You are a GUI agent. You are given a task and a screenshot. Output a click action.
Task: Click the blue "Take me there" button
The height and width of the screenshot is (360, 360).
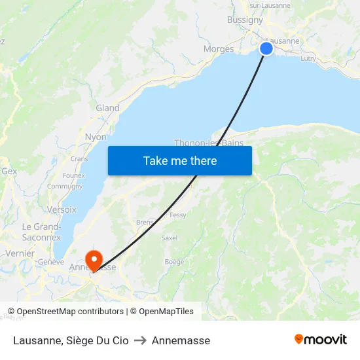point(180,160)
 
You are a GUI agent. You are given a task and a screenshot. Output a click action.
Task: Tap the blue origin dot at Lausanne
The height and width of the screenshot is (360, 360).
point(266,48)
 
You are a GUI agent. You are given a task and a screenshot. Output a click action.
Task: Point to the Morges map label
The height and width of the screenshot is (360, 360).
point(219,49)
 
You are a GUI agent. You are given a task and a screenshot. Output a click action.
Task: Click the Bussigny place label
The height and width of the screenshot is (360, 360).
point(245,20)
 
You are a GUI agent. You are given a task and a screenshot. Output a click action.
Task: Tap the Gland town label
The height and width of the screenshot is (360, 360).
point(107,108)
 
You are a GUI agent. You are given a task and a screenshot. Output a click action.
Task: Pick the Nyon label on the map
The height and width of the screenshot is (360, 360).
point(96,137)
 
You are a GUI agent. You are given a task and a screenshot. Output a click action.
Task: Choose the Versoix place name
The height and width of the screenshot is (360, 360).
point(62,210)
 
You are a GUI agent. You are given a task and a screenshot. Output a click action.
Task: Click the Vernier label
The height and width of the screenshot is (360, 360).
point(20,253)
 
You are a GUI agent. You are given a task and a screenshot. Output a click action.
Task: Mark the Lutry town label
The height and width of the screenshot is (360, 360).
point(308,59)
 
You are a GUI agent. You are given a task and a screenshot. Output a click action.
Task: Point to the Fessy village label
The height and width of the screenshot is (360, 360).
point(177,215)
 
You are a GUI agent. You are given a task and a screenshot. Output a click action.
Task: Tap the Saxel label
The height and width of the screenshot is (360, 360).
point(169,238)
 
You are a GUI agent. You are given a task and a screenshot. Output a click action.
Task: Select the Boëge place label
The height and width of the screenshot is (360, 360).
point(174,262)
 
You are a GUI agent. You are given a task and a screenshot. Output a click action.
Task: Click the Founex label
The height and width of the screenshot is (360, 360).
point(73,175)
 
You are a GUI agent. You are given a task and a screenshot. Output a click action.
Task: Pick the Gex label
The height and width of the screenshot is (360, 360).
point(9,171)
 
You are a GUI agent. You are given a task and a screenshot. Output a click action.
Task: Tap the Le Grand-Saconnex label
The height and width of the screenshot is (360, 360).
point(41,232)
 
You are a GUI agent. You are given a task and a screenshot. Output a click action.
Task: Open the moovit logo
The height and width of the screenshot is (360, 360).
point(320,339)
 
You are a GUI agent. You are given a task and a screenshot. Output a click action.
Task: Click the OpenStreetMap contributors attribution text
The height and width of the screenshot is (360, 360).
point(67,312)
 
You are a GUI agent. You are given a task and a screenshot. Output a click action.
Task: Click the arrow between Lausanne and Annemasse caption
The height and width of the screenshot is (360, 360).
point(140,340)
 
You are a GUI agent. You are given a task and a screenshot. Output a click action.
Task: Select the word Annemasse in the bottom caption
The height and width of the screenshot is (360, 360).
point(181,340)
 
